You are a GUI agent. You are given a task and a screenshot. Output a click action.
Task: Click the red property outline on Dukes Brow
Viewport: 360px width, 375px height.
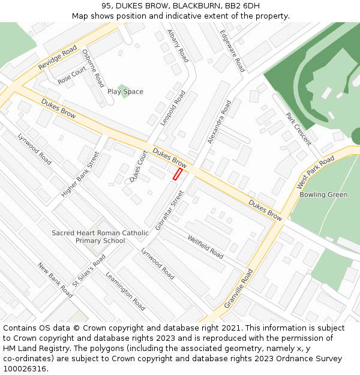(x=178, y=174)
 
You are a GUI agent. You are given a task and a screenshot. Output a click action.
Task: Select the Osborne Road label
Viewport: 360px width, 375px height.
(x=93, y=68)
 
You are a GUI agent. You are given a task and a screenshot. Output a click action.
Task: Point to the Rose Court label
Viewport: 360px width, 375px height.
(x=72, y=76)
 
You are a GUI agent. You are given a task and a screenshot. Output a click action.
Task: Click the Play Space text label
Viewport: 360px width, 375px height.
(x=125, y=92)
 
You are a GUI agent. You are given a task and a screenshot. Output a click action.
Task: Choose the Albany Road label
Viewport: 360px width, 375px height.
(x=178, y=46)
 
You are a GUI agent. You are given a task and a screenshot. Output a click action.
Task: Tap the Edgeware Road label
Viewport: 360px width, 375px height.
(x=232, y=51)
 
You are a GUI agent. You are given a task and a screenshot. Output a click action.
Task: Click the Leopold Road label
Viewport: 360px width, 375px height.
(x=173, y=108)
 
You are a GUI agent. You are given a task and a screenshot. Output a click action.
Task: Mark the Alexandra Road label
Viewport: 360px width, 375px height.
(x=219, y=122)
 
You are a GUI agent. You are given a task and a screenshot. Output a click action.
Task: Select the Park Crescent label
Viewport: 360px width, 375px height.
(x=298, y=129)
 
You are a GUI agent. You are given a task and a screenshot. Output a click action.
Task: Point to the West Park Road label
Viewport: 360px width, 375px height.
(x=316, y=172)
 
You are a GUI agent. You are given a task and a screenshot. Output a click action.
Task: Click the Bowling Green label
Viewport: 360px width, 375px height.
(x=323, y=195)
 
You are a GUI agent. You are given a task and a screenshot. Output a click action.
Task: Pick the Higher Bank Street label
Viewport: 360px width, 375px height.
(x=80, y=174)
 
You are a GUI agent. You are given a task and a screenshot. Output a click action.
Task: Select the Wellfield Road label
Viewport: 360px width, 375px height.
(x=205, y=247)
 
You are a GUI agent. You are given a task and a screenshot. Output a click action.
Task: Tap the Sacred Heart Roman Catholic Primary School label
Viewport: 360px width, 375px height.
(x=100, y=237)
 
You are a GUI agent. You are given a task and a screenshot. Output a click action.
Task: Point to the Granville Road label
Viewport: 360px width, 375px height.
(x=238, y=289)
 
